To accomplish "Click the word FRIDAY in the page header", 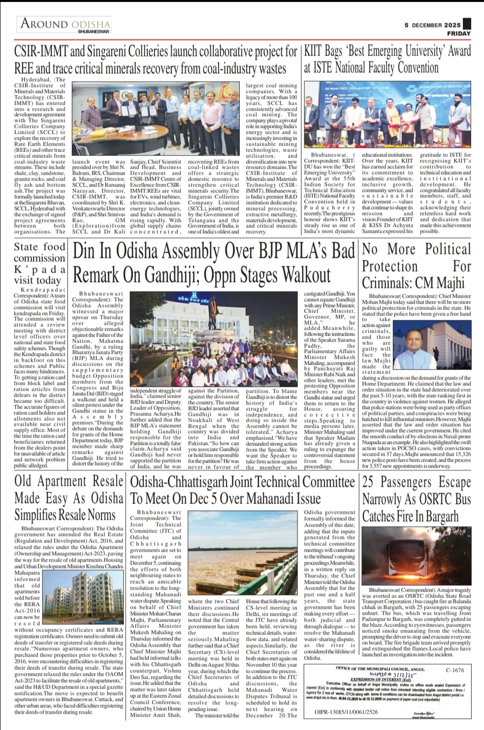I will tap(459, 33).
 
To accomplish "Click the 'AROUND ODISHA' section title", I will tap(65, 24).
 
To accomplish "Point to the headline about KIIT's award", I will tap(387, 58).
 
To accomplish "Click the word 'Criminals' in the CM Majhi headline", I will tap(385, 283).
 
